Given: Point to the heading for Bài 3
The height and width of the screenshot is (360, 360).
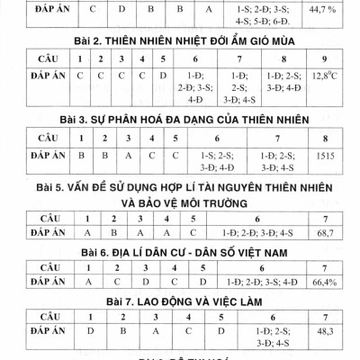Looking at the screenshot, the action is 180,119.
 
